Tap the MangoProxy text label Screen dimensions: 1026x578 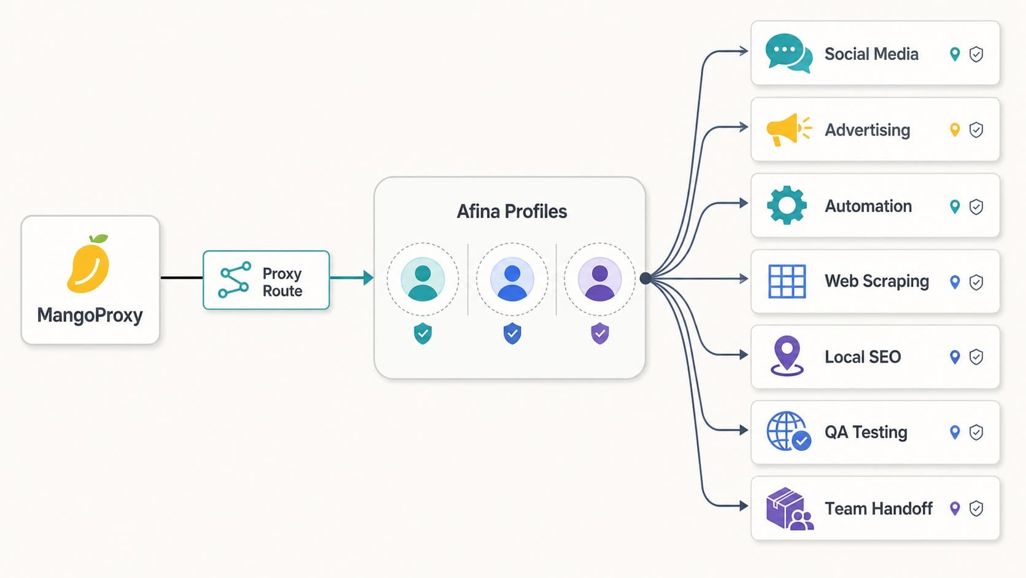tap(90, 316)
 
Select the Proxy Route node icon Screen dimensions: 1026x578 tap(234, 279)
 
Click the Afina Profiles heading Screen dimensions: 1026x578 tap(512, 211)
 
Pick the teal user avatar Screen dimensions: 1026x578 tap(422, 279)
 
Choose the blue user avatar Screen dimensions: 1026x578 tap(512, 279)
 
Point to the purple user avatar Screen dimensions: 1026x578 tap(600, 279)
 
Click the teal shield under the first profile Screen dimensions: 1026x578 tap(423, 334)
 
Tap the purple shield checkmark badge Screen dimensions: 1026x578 tap(600, 334)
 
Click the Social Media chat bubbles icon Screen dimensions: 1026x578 tap(789, 53)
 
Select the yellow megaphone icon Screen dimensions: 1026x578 tap(789, 130)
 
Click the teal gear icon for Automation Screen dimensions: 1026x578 tap(787, 205)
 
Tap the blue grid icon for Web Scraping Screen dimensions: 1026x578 tap(787, 281)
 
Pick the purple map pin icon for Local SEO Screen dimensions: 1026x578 tap(787, 356)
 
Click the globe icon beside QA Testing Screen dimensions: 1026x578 tap(789, 431)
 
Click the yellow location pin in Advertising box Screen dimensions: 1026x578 tap(955, 130)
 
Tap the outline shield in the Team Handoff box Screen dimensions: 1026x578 tap(976, 509)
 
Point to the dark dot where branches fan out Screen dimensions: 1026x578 tap(646, 278)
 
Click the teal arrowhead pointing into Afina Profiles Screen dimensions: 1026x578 tap(368, 278)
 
